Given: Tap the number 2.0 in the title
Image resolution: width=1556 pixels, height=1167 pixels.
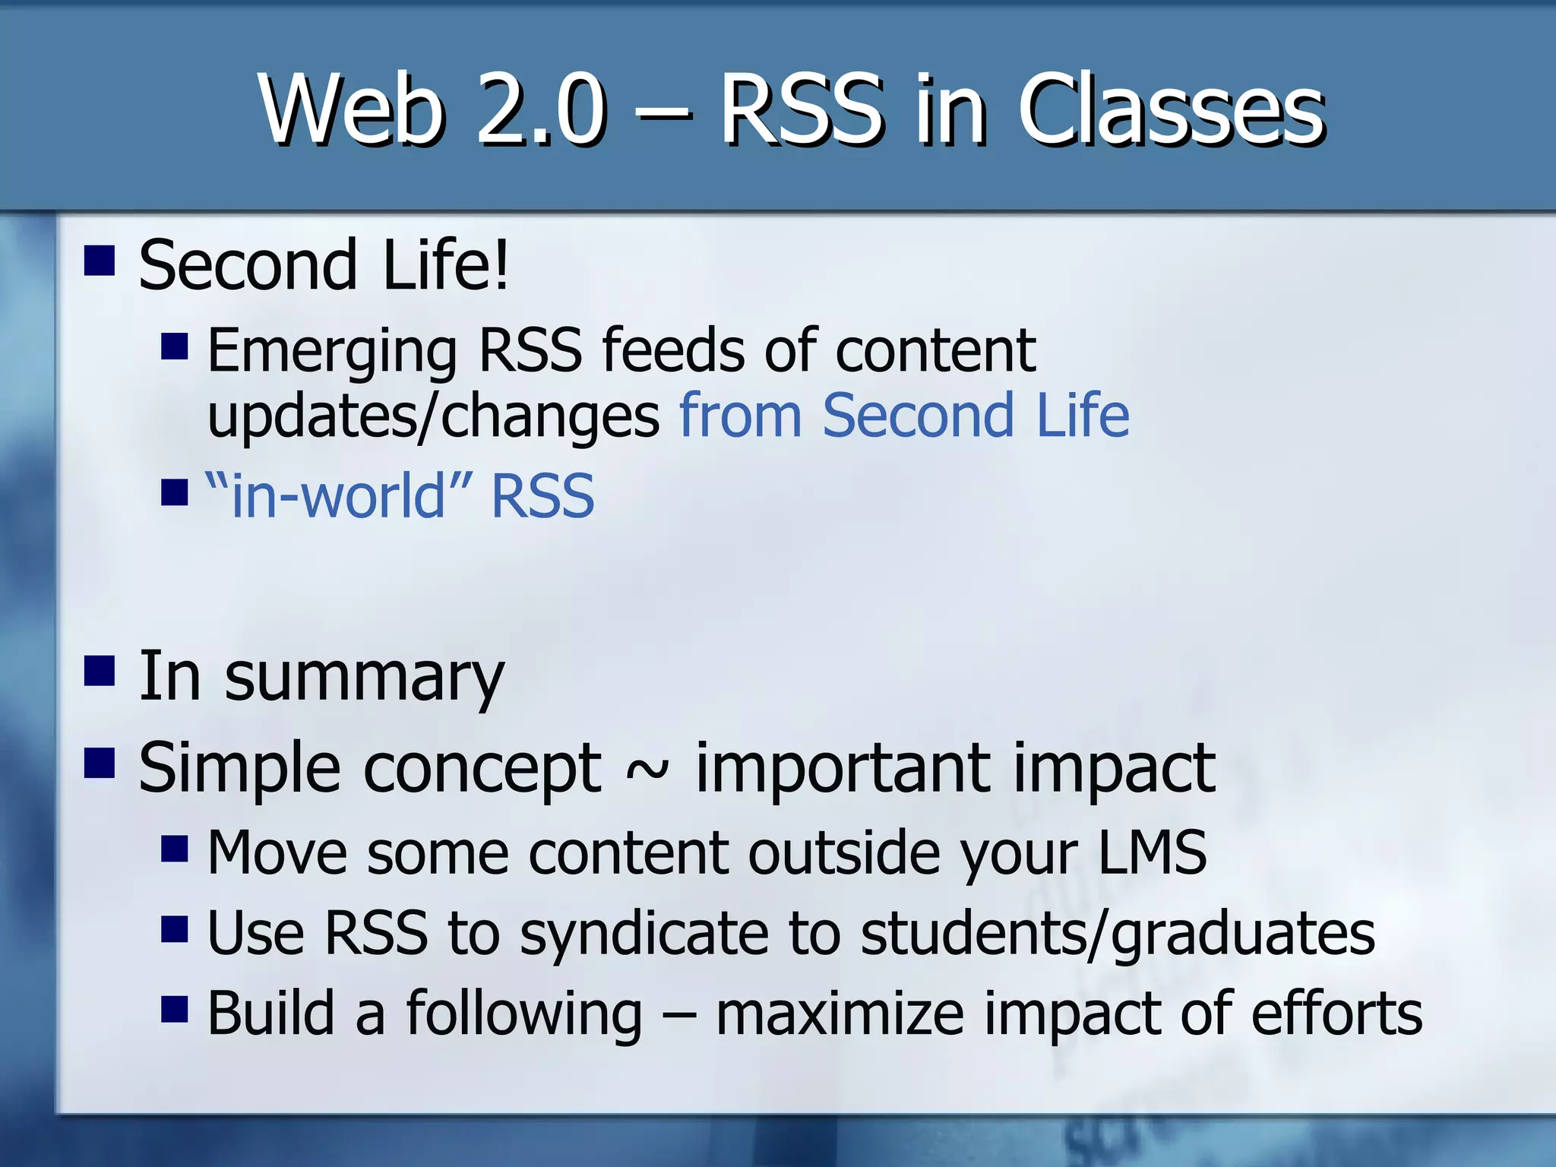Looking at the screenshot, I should tap(542, 110).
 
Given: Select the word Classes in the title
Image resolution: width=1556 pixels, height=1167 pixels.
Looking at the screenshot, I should tap(1171, 110).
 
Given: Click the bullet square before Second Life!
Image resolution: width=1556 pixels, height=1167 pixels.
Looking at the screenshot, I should tap(100, 261).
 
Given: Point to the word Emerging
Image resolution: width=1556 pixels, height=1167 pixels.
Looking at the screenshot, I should tap(332, 351).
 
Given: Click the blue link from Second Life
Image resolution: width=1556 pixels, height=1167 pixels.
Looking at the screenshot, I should tap(904, 416).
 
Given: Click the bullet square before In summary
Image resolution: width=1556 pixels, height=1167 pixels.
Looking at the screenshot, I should tap(100, 672).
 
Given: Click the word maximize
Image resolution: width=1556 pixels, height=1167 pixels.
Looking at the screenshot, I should tap(840, 1014).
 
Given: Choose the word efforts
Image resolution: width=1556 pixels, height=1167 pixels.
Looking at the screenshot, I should tap(1336, 1014).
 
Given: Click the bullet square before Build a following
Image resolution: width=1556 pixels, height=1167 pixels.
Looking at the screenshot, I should tap(175, 1010).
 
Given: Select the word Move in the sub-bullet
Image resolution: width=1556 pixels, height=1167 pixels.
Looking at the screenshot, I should tap(277, 852).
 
